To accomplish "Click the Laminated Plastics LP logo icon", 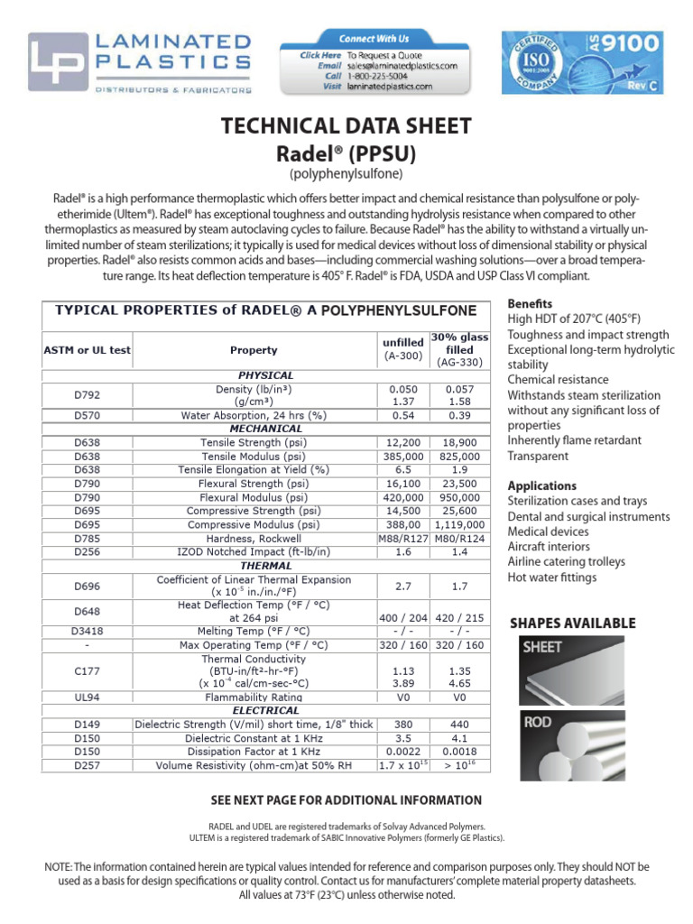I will click(x=56, y=63).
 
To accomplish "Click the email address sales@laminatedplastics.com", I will click(x=402, y=66).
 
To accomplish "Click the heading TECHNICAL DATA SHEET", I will click(x=346, y=125).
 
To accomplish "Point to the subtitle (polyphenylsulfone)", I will click(x=346, y=172).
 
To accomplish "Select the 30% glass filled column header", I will click(x=459, y=349).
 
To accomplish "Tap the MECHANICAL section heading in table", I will click(x=265, y=429).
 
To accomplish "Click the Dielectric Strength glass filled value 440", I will click(x=459, y=724).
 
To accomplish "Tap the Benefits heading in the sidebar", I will click(x=530, y=303).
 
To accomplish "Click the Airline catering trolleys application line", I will click(x=566, y=562).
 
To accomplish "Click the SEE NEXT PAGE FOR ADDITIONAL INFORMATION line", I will click(x=346, y=800).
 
